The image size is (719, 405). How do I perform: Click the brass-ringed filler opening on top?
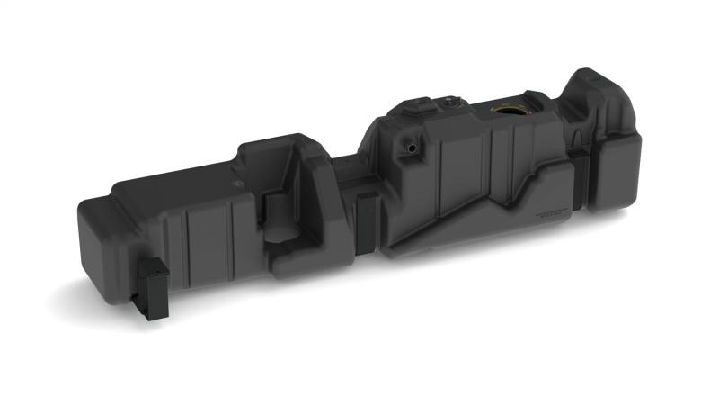click(x=510, y=112)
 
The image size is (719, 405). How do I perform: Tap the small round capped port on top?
click(x=447, y=103)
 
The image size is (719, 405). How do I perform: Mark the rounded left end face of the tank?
click(x=96, y=243)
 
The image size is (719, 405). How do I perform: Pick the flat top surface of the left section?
click(x=171, y=189)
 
